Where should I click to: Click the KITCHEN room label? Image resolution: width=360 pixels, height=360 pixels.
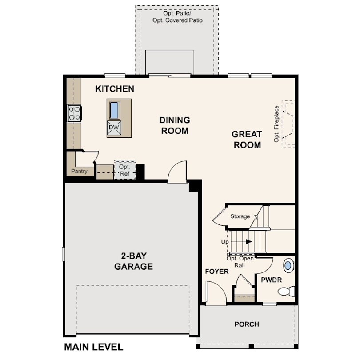[115, 89]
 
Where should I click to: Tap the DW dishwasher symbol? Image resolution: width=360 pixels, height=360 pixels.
[114, 128]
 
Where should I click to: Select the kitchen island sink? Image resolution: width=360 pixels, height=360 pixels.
[114, 110]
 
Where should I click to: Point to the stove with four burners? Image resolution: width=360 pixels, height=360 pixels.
[74, 113]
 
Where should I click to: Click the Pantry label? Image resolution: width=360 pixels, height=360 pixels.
[80, 171]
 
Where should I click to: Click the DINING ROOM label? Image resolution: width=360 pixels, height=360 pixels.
[175, 125]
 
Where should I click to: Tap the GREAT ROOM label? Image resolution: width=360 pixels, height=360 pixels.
[247, 139]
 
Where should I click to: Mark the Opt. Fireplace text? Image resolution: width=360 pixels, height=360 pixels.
[276, 124]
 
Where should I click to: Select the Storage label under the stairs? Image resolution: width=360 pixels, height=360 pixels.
[240, 216]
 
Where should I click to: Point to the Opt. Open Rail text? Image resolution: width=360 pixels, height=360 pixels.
[240, 262]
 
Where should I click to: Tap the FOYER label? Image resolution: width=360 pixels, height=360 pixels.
[216, 272]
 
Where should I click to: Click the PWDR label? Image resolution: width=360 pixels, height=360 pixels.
[269, 281]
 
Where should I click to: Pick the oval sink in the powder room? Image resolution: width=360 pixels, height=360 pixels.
[288, 266]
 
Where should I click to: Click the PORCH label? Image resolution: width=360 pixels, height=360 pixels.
[247, 324]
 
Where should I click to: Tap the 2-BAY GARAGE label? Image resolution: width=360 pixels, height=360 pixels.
[133, 261]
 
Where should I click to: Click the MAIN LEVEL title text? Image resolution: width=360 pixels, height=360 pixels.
[93, 347]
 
